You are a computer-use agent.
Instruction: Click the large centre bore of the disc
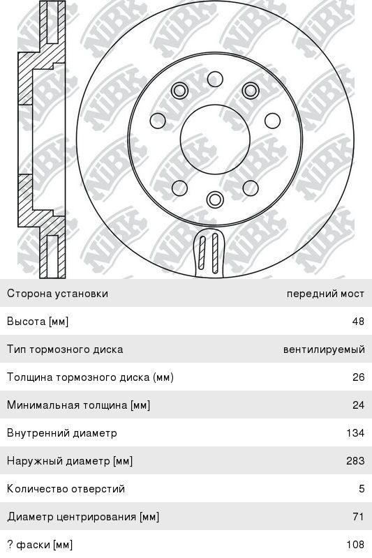point(215,139)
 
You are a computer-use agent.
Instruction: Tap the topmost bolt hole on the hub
point(215,79)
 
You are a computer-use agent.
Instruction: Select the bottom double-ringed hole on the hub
point(215,199)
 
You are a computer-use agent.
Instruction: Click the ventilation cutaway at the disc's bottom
point(209,252)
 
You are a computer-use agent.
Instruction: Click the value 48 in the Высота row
point(358,322)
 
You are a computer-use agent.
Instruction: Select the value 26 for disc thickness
point(359,377)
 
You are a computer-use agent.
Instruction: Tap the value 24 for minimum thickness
point(359,405)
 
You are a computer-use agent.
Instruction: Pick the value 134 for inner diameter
point(356,432)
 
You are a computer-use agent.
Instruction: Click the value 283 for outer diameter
point(356,461)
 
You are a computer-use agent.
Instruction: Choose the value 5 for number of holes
point(362,489)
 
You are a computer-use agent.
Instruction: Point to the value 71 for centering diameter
point(359,516)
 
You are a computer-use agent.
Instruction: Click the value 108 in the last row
point(356,544)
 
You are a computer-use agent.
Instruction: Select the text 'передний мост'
point(325,294)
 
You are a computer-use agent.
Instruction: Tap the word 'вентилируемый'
point(324,349)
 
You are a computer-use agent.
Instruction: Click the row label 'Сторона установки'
point(57,294)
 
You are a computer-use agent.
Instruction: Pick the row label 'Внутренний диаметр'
point(62,433)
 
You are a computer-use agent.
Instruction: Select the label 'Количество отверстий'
point(66,489)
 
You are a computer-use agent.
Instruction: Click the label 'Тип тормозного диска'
point(65,349)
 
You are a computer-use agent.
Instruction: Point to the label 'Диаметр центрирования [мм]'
point(83,517)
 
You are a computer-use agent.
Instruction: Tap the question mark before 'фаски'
point(10,545)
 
